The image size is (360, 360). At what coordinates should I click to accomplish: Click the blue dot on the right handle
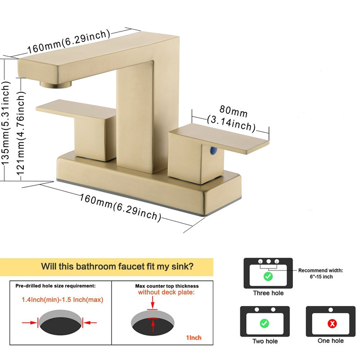coord(213,150)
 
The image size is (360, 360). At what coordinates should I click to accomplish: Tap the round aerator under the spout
coord(55,84)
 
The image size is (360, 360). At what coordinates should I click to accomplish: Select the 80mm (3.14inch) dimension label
coord(232,119)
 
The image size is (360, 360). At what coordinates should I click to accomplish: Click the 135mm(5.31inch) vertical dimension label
coord(6,123)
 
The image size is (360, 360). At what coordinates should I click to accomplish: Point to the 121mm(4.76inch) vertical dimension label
coord(21,133)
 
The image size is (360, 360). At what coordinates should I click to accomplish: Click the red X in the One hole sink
coord(332,324)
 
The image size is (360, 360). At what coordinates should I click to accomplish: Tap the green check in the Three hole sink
coord(268,276)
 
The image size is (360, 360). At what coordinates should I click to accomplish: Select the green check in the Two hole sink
coord(264,323)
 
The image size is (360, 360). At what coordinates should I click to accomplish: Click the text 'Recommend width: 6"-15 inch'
coord(321,274)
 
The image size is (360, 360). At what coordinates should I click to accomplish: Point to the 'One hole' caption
coord(331,341)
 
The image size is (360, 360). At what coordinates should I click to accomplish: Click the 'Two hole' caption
coord(265,341)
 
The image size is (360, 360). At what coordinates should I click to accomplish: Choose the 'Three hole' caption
coord(268,293)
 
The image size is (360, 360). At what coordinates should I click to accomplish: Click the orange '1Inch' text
coord(193,337)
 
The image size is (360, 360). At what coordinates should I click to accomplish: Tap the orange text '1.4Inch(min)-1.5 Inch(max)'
coord(63,300)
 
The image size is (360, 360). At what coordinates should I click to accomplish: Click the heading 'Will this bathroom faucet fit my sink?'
coord(117,266)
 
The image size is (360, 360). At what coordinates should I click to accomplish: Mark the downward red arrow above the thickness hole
coord(153,302)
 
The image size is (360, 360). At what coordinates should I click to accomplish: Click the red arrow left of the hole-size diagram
coord(30,323)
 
